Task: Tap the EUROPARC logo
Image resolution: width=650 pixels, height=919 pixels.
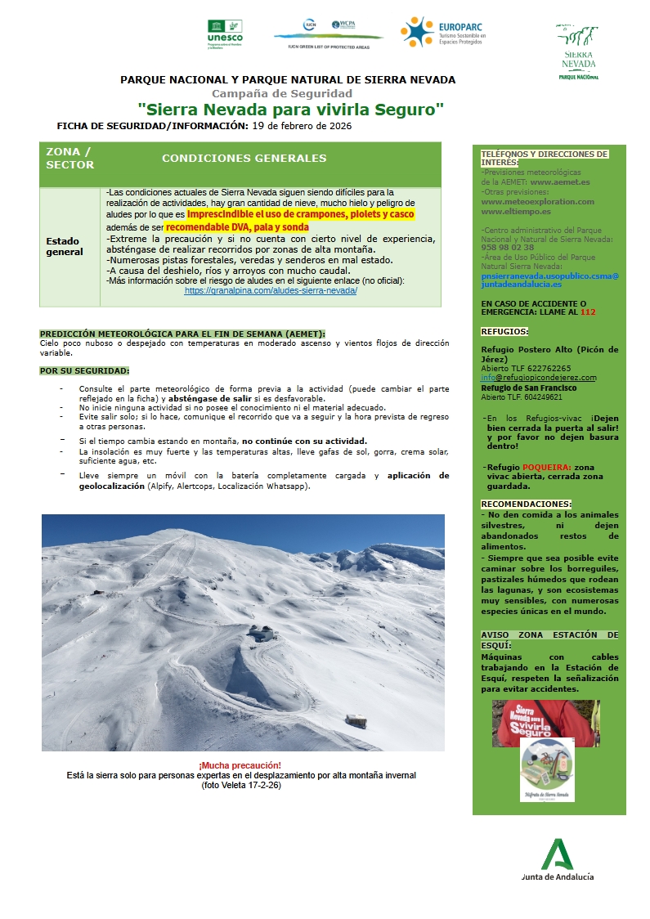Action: [443, 33]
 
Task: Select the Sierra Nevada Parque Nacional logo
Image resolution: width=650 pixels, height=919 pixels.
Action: [579, 52]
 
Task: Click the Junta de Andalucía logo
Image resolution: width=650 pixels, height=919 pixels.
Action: [558, 860]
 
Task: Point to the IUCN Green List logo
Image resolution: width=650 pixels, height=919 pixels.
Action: [328, 33]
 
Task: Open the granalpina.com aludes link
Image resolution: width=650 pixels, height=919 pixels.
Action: [271, 290]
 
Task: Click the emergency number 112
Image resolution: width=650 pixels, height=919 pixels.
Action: [588, 312]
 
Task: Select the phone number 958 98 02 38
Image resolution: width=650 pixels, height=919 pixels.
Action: [508, 247]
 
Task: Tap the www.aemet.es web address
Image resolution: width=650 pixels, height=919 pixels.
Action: [560, 182]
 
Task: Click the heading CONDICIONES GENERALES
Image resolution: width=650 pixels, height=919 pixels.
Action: [244, 159]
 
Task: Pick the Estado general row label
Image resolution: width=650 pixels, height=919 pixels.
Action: [65, 246]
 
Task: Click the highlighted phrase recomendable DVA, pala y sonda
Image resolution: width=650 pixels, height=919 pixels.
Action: [236, 226]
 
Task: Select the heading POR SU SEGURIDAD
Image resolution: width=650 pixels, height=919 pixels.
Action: [84, 370]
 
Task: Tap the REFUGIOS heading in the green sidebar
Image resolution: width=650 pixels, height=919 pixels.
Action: [504, 332]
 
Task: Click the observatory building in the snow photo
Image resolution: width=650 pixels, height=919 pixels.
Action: [262, 633]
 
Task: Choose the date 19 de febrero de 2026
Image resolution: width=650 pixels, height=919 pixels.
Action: [302, 126]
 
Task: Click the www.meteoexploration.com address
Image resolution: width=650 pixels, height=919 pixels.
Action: [538, 201]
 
